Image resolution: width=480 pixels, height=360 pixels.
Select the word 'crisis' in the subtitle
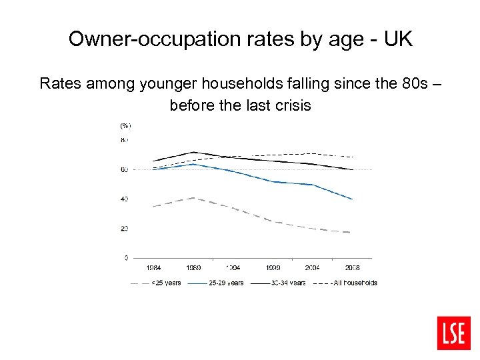coord(289,106)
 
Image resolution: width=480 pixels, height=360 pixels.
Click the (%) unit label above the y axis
coord(125,125)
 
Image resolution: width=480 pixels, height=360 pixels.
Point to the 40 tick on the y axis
coord(124,199)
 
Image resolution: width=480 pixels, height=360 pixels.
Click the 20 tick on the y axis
coord(124,229)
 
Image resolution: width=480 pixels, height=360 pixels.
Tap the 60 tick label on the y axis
coord(124,170)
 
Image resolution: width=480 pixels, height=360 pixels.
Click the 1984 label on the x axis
coord(153,267)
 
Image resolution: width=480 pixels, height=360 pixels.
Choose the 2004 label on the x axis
coord(312,267)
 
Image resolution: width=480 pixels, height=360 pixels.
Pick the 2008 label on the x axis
coord(351,267)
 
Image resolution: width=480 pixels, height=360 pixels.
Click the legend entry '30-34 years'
coord(289,283)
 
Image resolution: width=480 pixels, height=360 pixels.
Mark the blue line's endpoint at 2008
coord(352,199)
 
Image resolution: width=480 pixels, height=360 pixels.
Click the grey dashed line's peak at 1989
coord(193,198)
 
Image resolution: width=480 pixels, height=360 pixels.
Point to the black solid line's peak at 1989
coord(193,152)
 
